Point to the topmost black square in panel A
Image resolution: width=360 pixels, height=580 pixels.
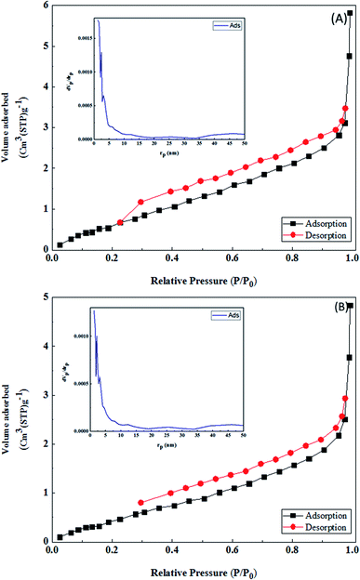pyautogui.click(x=351, y=14)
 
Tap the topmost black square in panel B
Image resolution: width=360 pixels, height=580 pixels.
pyautogui.click(x=351, y=332)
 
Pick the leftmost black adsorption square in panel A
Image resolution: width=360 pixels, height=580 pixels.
pyautogui.click(x=60, y=245)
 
